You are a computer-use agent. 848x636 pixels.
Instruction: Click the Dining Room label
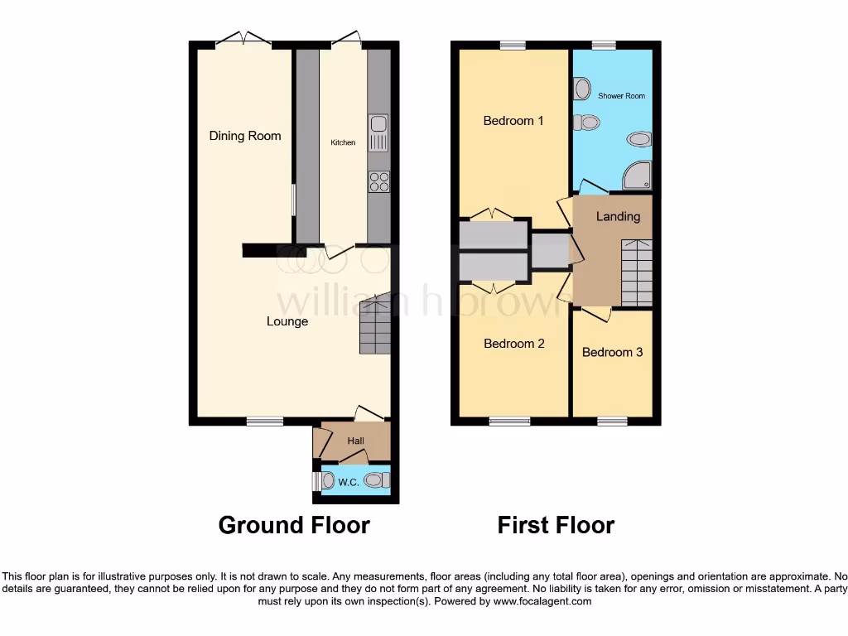point(244,136)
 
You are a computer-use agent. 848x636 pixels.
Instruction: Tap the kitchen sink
point(378,133)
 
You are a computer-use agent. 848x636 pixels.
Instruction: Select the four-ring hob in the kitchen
point(378,181)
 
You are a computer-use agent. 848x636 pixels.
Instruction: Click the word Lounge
point(287,321)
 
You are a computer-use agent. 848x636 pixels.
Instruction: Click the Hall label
point(356,441)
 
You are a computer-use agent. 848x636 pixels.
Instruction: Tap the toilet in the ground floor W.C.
point(378,479)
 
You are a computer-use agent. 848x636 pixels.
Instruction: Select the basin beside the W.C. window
point(326,480)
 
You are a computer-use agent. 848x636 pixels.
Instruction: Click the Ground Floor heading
point(294,525)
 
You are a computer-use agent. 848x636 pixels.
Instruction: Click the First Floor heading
point(556,525)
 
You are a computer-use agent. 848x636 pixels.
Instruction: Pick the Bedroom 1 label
point(513,121)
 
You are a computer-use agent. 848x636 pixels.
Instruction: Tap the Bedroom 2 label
point(513,343)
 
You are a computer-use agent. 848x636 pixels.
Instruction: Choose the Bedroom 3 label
point(612,352)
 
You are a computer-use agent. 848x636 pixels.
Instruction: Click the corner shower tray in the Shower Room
point(637,175)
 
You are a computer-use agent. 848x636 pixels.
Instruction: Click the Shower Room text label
point(621,96)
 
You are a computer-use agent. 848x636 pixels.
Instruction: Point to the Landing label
point(619,217)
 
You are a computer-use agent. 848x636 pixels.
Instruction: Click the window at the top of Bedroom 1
point(513,45)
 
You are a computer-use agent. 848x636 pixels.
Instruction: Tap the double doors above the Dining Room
point(243,39)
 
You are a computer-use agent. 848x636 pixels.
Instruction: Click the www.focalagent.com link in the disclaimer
point(542,602)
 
